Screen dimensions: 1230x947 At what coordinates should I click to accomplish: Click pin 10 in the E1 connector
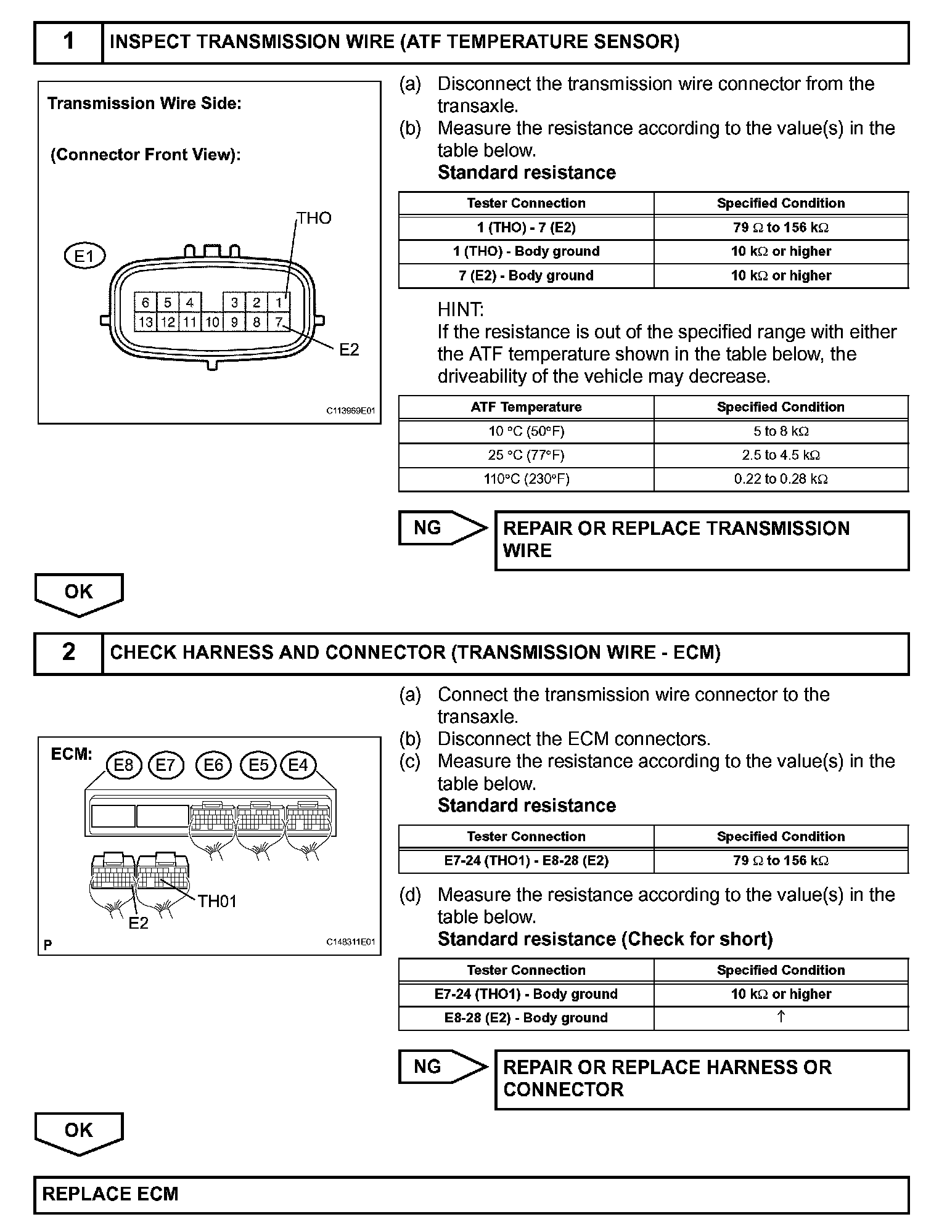point(212,322)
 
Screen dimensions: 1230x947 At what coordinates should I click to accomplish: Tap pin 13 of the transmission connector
point(146,322)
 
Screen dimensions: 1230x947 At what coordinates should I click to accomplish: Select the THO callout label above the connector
point(314,218)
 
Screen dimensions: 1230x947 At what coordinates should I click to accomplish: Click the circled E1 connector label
point(84,256)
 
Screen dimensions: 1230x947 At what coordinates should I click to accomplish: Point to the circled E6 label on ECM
point(213,765)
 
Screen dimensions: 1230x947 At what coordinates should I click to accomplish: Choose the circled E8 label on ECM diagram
point(124,765)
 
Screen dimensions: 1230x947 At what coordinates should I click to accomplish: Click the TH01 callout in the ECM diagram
point(217,902)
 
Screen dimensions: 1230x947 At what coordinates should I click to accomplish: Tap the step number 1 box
point(68,42)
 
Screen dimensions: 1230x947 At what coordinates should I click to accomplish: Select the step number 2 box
point(68,653)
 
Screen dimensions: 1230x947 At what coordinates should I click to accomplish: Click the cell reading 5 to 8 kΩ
point(781,431)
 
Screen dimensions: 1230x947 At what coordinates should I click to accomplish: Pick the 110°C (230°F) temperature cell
point(526,479)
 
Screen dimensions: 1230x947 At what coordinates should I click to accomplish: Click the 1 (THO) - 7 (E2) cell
point(526,227)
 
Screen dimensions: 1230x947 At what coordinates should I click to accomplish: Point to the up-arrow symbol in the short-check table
point(781,1017)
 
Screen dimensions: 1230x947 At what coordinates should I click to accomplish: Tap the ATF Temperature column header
point(526,407)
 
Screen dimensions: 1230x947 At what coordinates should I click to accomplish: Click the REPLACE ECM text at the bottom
point(110,1194)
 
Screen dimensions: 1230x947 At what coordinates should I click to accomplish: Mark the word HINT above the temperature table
point(461,309)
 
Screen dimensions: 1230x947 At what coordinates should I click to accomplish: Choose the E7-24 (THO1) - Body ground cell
point(526,994)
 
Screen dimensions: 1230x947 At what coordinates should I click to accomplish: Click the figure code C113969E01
point(351,410)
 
